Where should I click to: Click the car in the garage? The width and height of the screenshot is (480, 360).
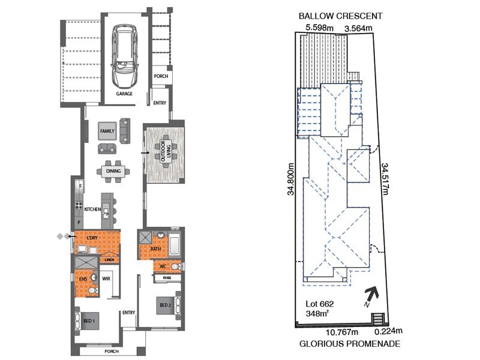click(125, 56)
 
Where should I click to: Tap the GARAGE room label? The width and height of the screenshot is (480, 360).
click(124, 94)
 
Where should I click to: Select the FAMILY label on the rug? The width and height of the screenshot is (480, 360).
click(107, 131)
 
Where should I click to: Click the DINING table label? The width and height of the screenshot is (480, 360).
click(113, 171)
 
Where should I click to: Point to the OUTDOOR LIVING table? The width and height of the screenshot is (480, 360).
click(166, 151)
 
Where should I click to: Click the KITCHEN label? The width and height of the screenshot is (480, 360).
click(92, 209)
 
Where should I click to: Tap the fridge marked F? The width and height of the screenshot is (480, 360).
click(80, 186)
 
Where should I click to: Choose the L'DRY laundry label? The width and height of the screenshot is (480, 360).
click(92, 238)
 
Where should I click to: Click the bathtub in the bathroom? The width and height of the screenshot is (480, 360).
click(175, 244)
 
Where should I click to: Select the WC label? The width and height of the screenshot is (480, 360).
click(163, 266)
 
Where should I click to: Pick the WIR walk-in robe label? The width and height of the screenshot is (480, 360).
click(106, 279)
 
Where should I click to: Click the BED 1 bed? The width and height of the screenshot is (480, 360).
click(87, 321)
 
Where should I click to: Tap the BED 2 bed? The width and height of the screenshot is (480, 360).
click(168, 305)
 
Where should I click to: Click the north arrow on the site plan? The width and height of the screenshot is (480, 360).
click(371, 296)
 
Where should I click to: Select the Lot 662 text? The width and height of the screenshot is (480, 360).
click(320, 304)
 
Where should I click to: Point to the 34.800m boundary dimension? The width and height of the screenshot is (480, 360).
click(290, 179)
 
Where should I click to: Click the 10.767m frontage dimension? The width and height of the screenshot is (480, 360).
click(342, 332)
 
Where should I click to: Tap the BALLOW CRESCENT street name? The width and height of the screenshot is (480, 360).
click(341, 16)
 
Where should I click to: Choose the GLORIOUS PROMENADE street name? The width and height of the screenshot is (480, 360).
click(350, 344)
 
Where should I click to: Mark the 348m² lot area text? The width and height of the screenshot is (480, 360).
click(317, 313)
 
